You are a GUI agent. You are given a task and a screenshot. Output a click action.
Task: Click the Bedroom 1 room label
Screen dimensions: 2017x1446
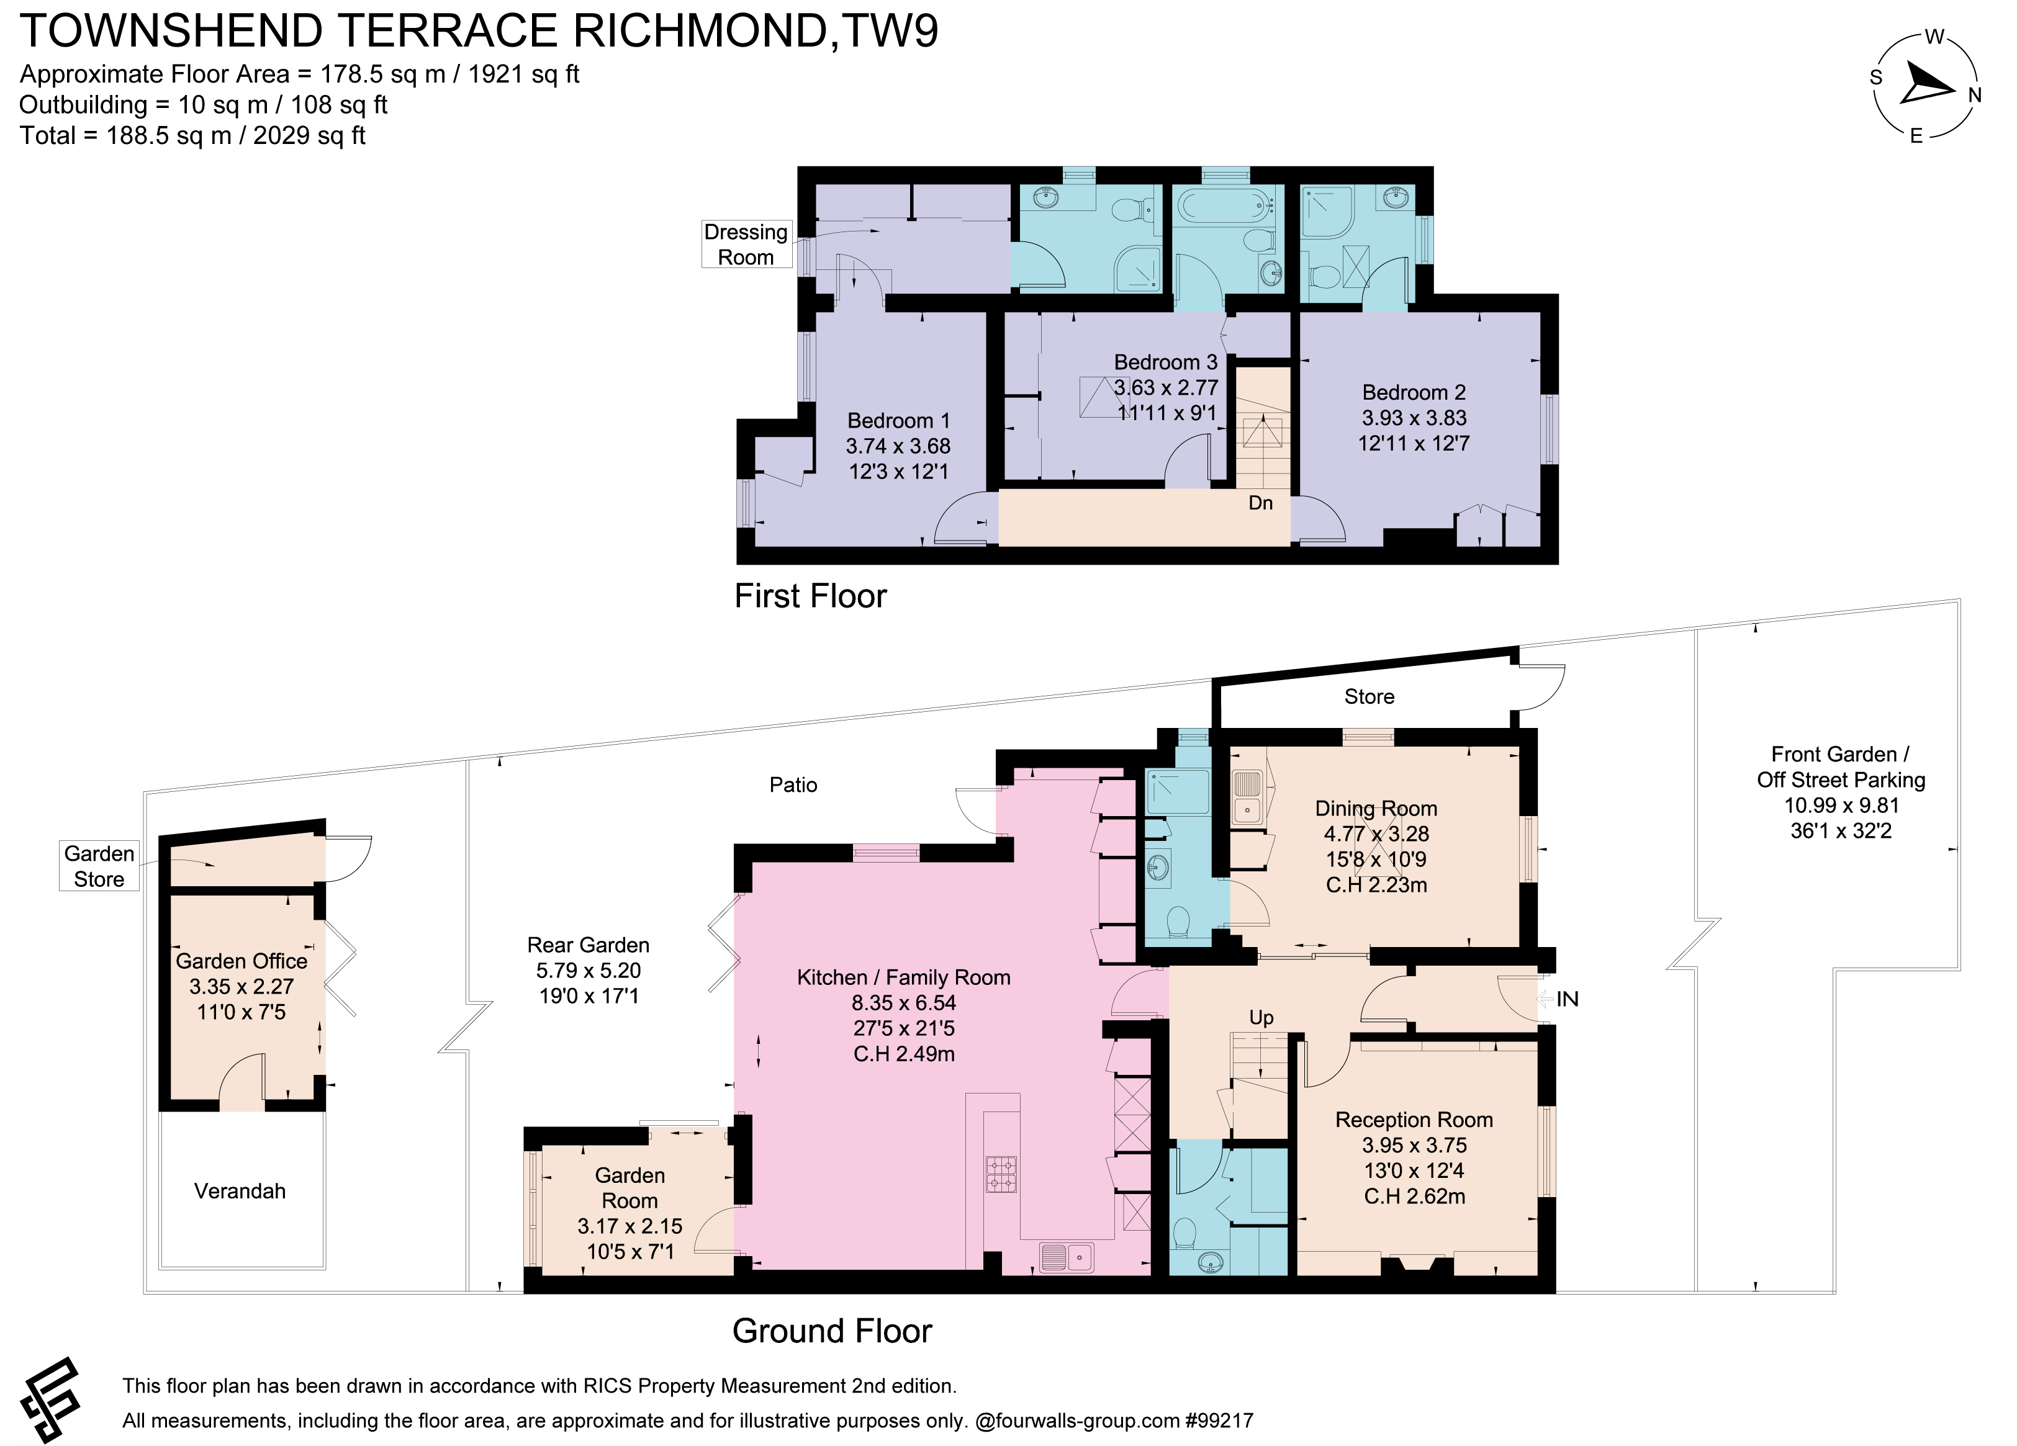pos(898,421)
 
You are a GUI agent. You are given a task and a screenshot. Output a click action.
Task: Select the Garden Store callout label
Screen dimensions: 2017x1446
pos(99,866)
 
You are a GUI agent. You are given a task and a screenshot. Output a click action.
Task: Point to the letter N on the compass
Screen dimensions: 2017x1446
pos(1974,95)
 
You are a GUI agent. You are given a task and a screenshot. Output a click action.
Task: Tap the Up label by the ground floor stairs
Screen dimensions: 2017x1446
pos(1261,1017)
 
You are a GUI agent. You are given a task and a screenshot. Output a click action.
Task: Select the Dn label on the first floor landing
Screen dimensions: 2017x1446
pos(1260,503)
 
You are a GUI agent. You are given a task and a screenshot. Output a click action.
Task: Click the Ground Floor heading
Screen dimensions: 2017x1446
pos(831,1331)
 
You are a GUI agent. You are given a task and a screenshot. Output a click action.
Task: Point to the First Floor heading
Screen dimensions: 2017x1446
pos(810,596)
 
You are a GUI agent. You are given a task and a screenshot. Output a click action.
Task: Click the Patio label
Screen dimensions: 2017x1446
pos(793,784)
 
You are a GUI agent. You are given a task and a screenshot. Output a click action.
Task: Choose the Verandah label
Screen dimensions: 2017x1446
pos(240,1191)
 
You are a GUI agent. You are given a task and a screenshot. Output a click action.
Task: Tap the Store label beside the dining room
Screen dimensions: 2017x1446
pos(1369,696)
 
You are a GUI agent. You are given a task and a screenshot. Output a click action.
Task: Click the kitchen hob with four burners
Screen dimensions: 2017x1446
pos(1001,1174)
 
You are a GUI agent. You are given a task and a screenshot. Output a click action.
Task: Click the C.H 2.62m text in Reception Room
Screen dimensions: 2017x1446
pos(1414,1196)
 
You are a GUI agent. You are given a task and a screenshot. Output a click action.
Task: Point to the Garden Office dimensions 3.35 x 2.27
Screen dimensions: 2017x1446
pos(241,986)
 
